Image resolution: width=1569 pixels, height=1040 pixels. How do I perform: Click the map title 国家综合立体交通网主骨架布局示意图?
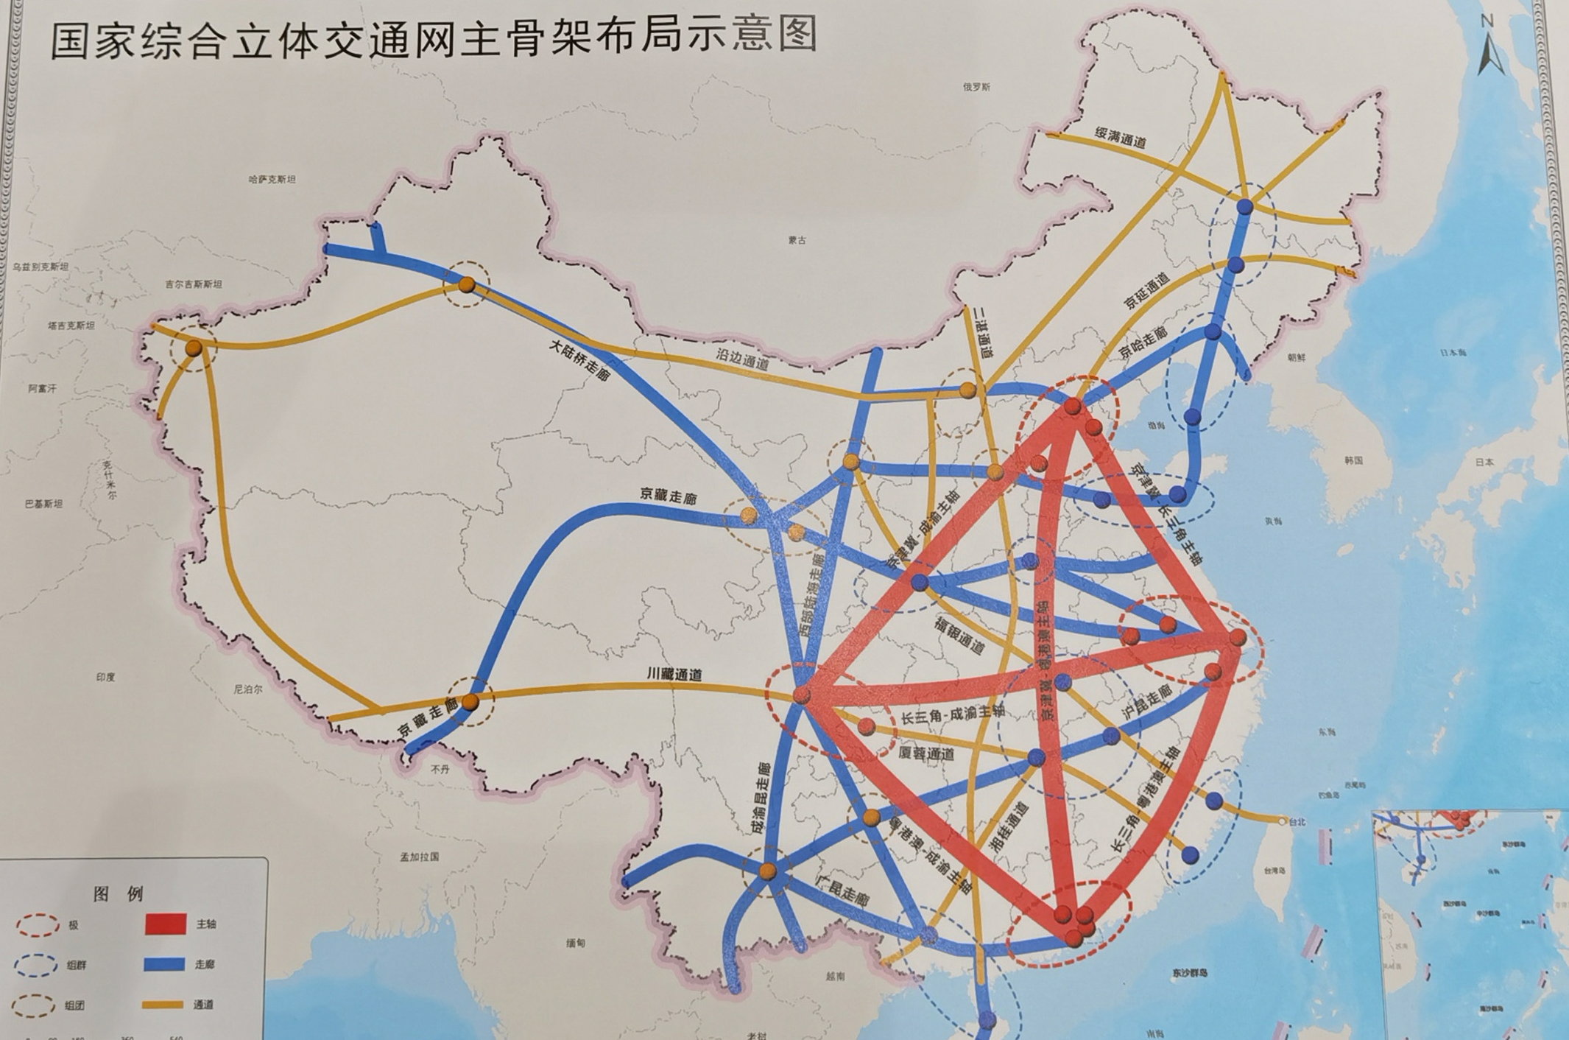(434, 38)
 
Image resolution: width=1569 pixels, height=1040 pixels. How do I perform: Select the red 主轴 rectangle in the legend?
(166, 924)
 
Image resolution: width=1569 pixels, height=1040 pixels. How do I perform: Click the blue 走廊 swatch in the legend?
(164, 964)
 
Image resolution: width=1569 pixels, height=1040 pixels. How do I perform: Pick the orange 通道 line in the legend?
(163, 1005)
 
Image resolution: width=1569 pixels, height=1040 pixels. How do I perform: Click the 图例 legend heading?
(119, 894)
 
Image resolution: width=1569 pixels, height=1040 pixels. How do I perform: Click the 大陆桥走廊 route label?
(580, 359)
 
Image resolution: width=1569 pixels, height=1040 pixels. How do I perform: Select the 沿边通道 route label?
(742, 359)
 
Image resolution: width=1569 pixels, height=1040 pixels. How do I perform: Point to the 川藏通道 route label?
(674, 674)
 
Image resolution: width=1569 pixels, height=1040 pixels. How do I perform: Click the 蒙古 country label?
(797, 240)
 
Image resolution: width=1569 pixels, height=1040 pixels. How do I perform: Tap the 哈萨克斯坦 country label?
(272, 179)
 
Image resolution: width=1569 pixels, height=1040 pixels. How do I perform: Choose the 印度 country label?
(105, 677)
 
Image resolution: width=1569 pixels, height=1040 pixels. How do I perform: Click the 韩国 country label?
(1353, 460)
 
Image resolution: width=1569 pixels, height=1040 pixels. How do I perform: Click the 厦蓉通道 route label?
(927, 754)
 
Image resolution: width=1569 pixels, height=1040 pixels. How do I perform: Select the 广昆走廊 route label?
(843, 891)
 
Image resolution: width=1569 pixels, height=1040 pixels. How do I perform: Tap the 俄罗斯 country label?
(976, 87)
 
